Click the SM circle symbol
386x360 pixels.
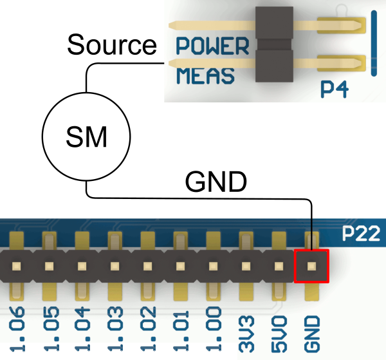click(x=86, y=137)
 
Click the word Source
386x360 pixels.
click(x=112, y=45)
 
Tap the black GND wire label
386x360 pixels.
click(x=216, y=182)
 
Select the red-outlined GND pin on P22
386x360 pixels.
click(x=311, y=265)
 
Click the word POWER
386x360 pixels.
click(x=212, y=46)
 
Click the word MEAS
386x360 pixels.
click(x=205, y=75)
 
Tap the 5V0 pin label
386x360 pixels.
click(x=279, y=334)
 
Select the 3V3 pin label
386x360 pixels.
click(x=246, y=334)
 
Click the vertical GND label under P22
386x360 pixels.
click(x=312, y=334)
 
